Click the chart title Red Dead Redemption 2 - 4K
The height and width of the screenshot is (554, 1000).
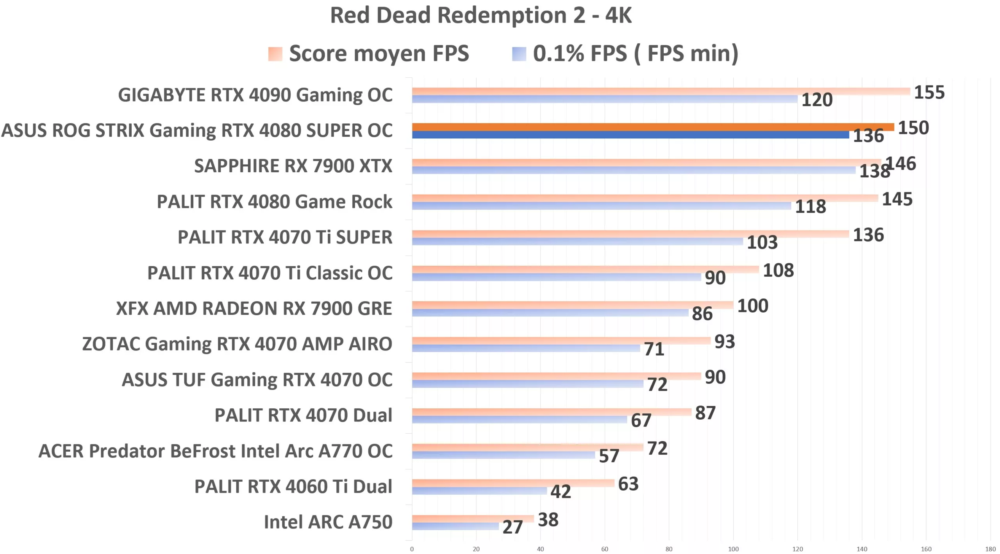point(480,16)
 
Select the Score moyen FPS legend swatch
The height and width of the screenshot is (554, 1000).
point(275,54)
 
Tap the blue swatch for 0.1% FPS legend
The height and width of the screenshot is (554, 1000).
point(519,54)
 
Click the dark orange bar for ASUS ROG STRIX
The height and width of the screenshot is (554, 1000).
point(652,127)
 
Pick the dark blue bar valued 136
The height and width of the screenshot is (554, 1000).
point(630,135)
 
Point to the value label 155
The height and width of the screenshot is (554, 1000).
point(929,93)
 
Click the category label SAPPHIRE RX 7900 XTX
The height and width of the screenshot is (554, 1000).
point(293,166)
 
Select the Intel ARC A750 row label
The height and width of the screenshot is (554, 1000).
point(328,522)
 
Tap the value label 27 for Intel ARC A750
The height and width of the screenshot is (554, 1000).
point(512,527)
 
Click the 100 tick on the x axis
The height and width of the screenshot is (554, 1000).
point(733,549)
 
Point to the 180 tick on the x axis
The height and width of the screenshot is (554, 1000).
point(990,549)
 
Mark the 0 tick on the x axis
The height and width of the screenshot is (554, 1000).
point(412,549)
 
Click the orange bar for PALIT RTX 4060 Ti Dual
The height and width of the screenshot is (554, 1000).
point(513,483)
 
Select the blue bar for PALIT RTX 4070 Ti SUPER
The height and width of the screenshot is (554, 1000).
point(577,242)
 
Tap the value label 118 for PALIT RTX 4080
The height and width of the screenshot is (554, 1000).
point(810,207)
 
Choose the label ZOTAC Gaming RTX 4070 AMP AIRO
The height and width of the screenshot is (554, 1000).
point(237,344)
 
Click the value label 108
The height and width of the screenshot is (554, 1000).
point(778,270)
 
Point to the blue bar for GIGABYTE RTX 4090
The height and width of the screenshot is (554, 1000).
point(604,99)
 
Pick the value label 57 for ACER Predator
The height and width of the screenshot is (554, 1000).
point(609,456)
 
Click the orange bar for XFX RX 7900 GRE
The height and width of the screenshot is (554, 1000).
point(572,305)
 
